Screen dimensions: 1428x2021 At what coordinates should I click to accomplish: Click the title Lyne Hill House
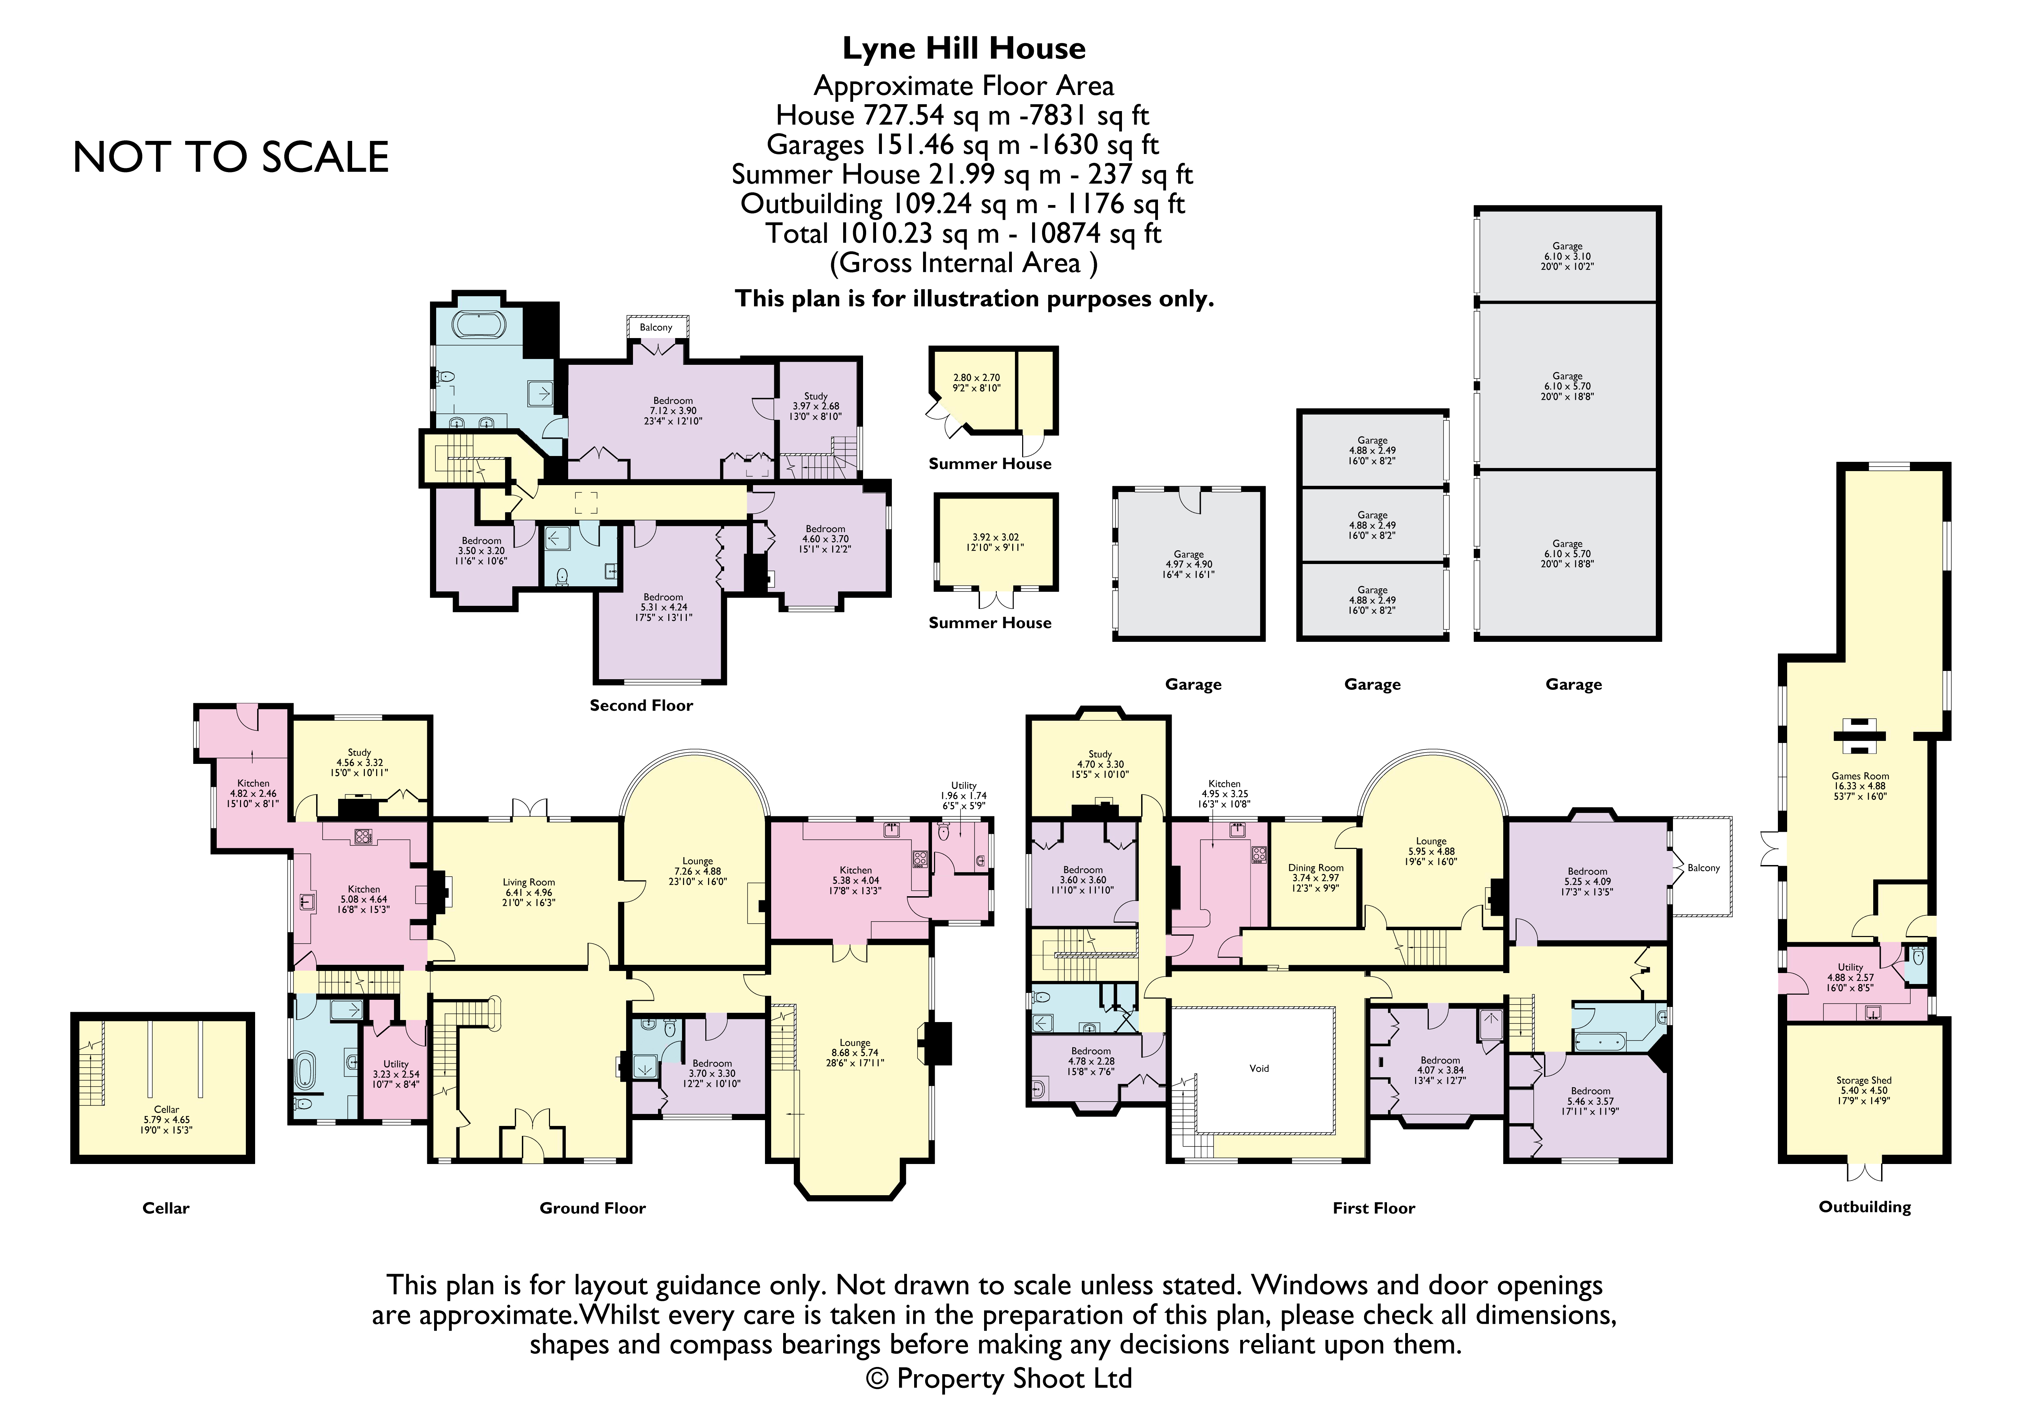(964, 48)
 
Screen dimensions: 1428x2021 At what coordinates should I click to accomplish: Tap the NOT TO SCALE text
(231, 158)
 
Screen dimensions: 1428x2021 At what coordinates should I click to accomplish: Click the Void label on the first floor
(1259, 1068)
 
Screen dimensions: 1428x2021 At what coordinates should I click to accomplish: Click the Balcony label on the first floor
(1703, 868)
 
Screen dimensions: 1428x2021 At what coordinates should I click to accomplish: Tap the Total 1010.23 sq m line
(964, 233)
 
